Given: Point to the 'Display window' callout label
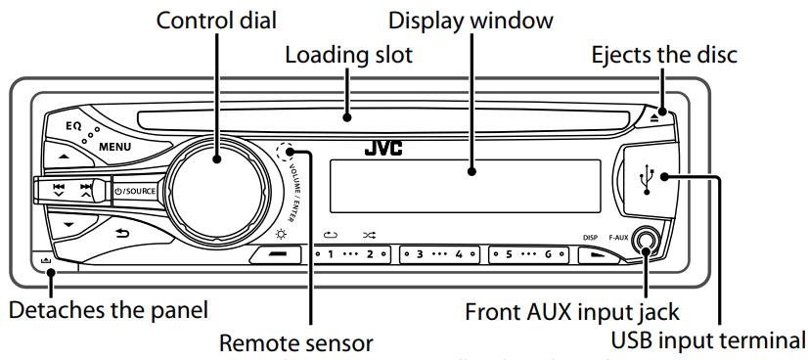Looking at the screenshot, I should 471,20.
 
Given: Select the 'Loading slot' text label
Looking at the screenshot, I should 348,56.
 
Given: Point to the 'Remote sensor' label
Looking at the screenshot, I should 295,342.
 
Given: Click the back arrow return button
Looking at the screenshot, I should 122,232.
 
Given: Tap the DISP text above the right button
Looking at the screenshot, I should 590,236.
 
